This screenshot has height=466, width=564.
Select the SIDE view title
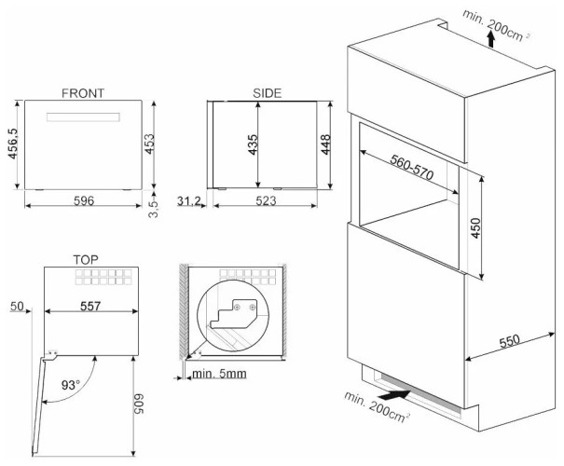click(x=267, y=93)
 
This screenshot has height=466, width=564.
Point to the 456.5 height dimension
click(x=13, y=145)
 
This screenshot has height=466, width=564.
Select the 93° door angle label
click(x=70, y=383)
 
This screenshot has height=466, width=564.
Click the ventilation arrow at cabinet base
click(x=394, y=396)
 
